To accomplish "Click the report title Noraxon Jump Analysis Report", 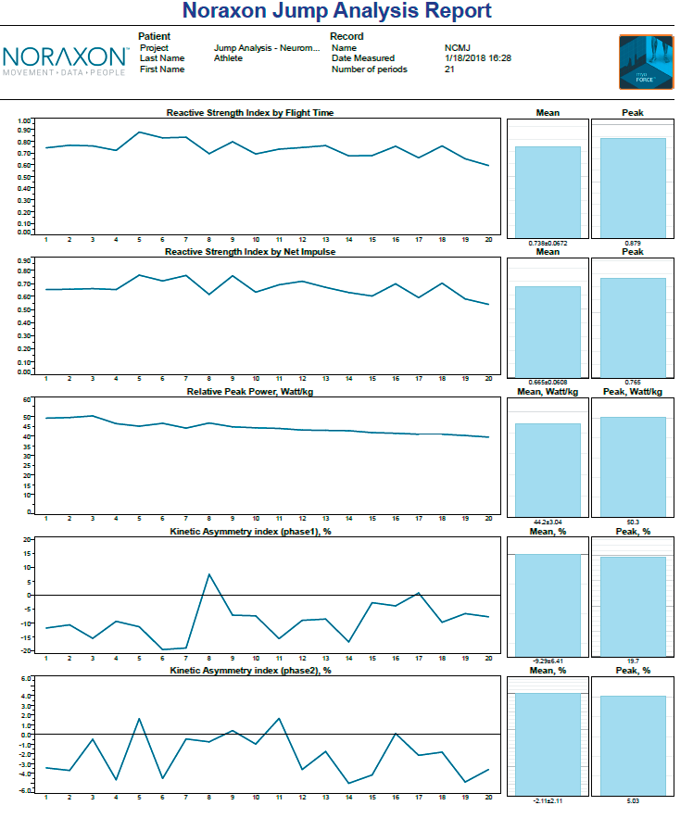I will click(337, 12).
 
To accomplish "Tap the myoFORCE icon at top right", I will click(647, 62).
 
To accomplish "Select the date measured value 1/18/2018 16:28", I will click(477, 58).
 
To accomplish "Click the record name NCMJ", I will click(457, 47).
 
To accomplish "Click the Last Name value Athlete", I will click(228, 58).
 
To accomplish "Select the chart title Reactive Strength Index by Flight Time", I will click(250, 112).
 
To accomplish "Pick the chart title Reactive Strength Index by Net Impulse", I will click(250, 251).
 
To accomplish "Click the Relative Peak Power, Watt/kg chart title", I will click(250, 391).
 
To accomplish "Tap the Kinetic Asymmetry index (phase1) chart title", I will click(250, 531).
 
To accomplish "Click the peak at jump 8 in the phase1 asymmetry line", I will click(209, 574).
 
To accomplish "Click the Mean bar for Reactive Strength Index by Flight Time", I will click(548, 191).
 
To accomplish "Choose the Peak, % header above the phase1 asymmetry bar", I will click(633, 531).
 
